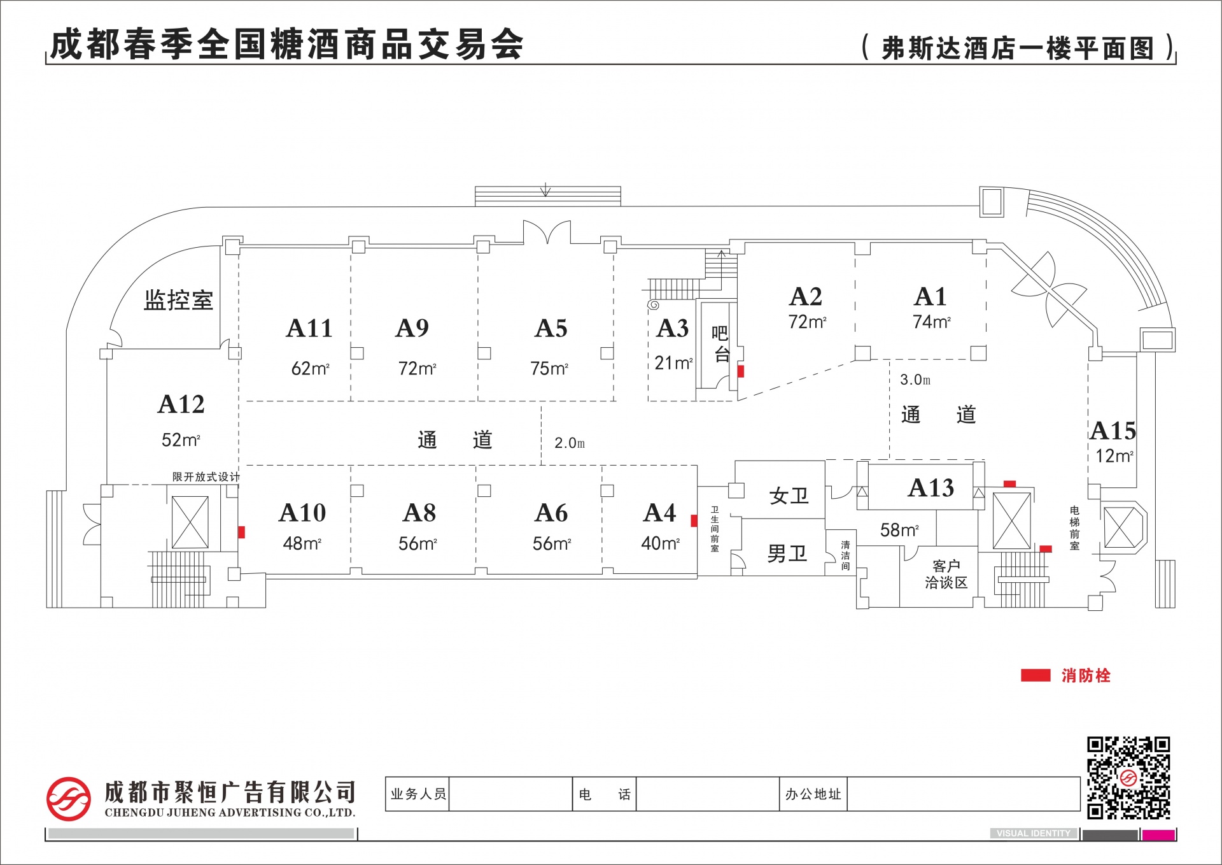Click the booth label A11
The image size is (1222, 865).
pyautogui.click(x=309, y=329)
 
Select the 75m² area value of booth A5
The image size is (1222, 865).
pyautogui.click(x=549, y=369)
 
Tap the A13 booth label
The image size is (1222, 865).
pyautogui.click(x=931, y=488)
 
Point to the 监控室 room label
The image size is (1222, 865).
pyautogui.click(x=178, y=300)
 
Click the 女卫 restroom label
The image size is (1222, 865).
pyautogui.click(x=789, y=496)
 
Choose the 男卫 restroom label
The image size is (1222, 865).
pyautogui.click(x=787, y=554)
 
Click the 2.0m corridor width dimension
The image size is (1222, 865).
pyautogui.click(x=570, y=443)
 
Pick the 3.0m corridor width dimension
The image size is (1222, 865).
pyautogui.click(x=915, y=380)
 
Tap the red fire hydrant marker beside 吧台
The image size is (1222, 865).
pyautogui.click(x=741, y=371)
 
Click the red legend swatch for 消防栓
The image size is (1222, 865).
pyautogui.click(x=1036, y=675)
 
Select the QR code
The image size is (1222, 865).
pyautogui.click(x=1128, y=778)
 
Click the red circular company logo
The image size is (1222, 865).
pyautogui.click(x=68, y=799)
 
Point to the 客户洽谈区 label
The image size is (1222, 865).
pyautogui.click(x=946, y=575)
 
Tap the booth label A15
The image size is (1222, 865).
pyautogui.click(x=1113, y=431)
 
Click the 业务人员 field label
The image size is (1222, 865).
pyautogui.click(x=418, y=794)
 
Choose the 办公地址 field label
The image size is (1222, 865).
pyautogui.click(x=813, y=794)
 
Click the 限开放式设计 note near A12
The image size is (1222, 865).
pyautogui.click(x=206, y=477)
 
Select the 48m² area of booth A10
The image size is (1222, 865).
pyautogui.click(x=302, y=543)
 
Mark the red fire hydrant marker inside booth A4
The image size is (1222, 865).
pyautogui.click(x=694, y=521)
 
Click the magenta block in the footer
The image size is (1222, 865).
pyautogui.click(x=1158, y=835)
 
